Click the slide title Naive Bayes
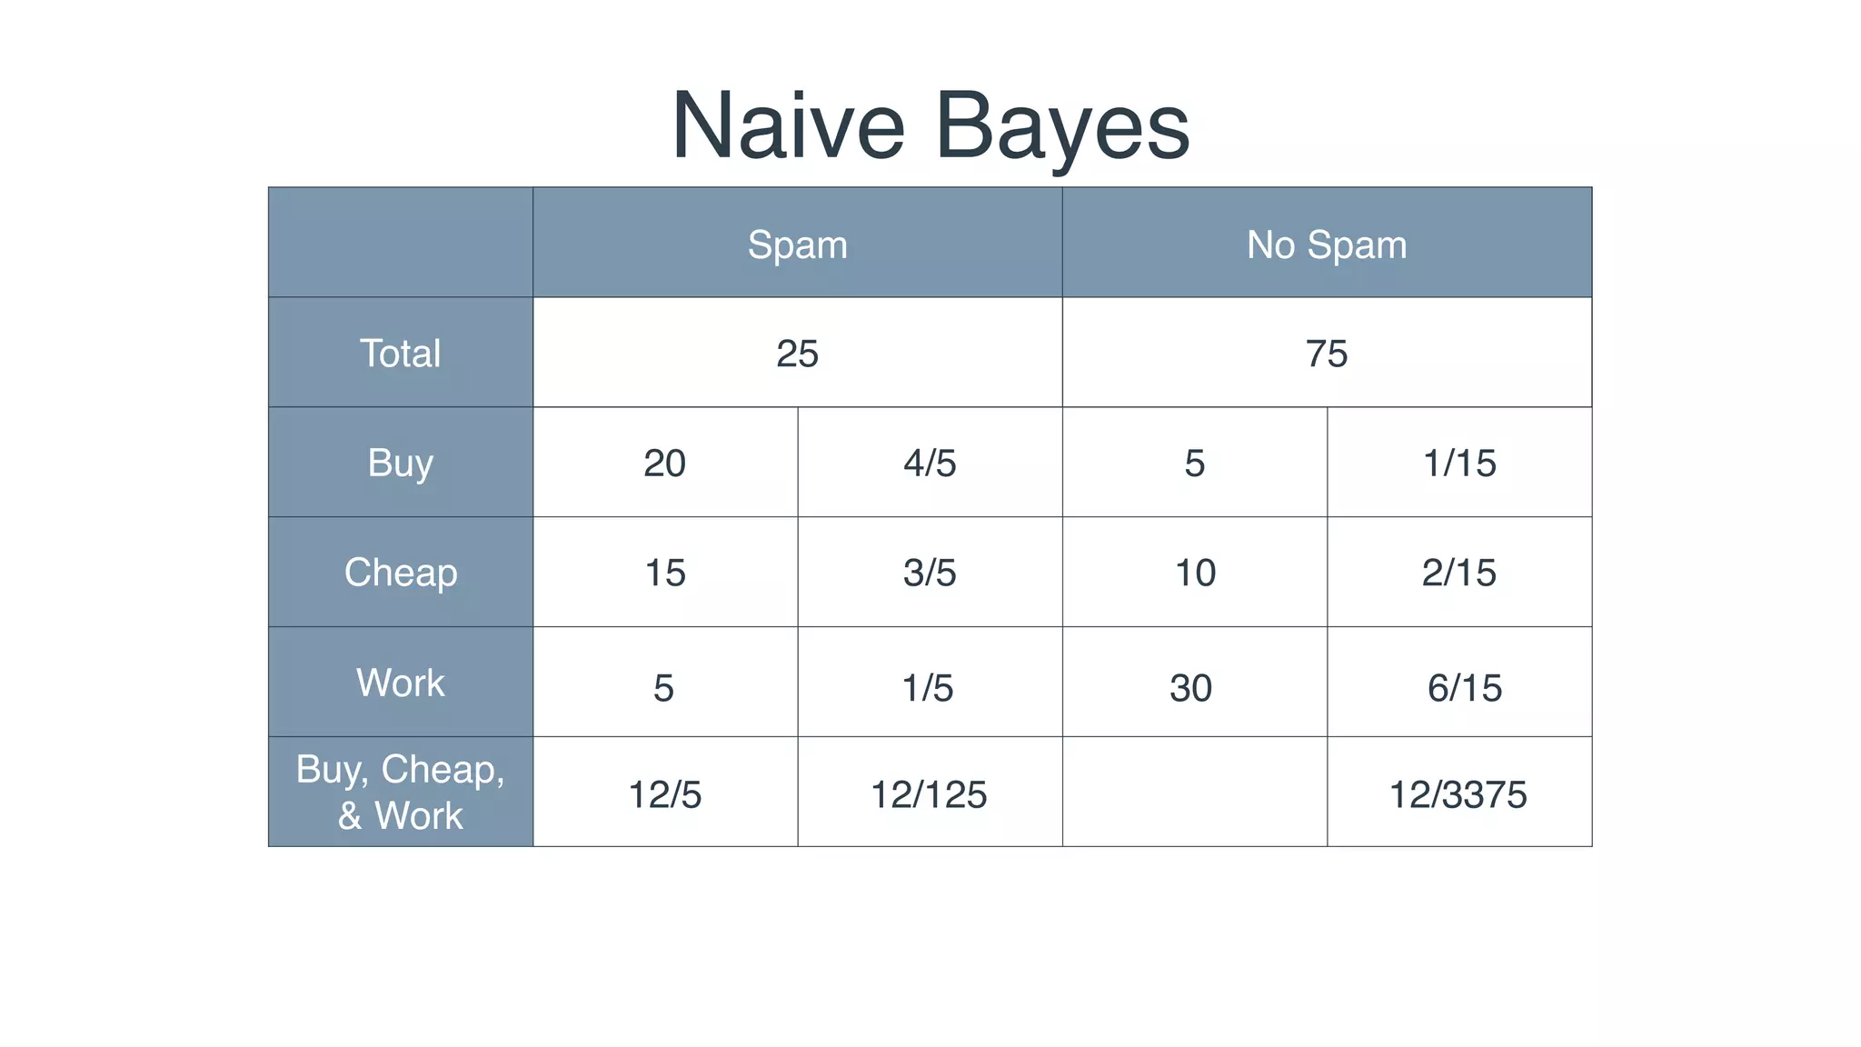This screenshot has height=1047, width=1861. (930, 126)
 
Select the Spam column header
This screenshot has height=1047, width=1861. (797, 244)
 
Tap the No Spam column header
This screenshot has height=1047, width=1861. (1326, 244)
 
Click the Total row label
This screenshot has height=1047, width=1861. (400, 354)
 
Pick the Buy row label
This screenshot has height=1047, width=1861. (400, 463)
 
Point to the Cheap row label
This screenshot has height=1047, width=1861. (400, 573)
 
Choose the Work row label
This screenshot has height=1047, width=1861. (400, 683)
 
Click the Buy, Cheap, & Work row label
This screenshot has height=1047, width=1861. (400, 793)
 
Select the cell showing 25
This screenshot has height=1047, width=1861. (797, 354)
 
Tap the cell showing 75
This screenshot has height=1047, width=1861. (1326, 354)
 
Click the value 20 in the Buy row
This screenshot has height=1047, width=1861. (664, 464)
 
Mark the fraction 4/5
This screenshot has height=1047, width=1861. (930, 464)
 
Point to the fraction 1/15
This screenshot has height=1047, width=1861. (1458, 464)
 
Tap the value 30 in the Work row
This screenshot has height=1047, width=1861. (1190, 688)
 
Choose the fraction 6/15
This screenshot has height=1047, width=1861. (1464, 688)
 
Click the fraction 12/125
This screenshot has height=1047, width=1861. (929, 794)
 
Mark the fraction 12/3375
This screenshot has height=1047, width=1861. (1458, 794)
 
